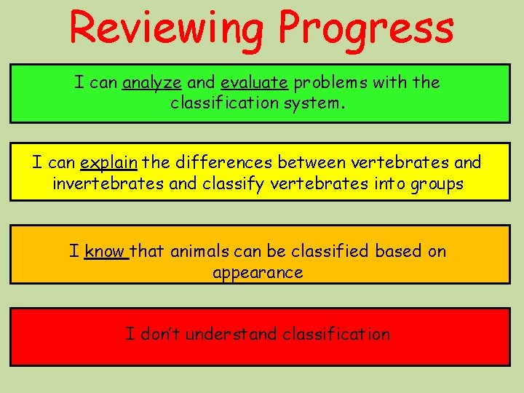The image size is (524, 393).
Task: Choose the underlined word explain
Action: (x=108, y=162)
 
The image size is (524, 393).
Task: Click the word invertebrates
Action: (x=108, y=184)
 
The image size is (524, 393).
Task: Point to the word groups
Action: (x=434, y=184)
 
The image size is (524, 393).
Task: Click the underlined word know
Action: (x=105, y=251)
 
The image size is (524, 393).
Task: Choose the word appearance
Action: (x=258, y=273)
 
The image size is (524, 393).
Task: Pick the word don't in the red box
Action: (x=156, y=334)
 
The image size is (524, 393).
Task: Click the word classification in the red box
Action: (x=336, y=334)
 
